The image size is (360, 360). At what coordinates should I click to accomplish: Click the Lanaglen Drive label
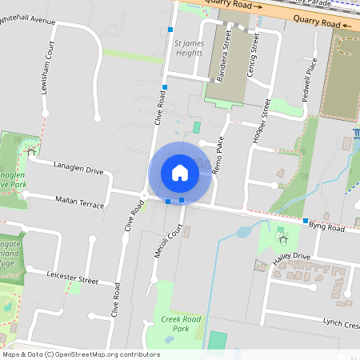click(x=78, y=169)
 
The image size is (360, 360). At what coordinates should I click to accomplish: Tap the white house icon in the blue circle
click(x=180, y=173)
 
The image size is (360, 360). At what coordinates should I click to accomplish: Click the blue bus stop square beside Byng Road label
click(x=306, y=221)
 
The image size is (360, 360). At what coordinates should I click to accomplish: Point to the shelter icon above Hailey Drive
click(x=282, y=238)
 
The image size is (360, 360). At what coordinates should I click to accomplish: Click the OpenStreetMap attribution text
click(x=81, y=354)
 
